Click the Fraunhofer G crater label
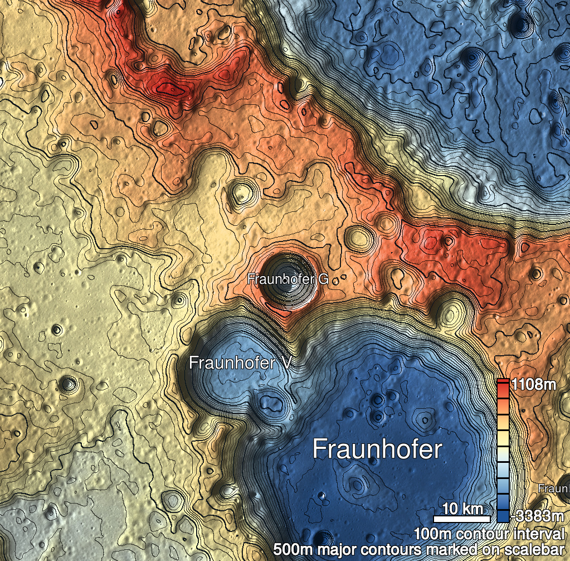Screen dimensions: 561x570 (288, 279)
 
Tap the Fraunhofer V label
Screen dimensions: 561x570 (240, 363)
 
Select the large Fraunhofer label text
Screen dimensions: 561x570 (377, 449)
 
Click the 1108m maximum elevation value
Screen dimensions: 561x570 (534, 385)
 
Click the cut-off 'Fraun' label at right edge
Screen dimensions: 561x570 (554, 489)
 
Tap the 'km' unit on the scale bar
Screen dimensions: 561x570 (472, 509)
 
